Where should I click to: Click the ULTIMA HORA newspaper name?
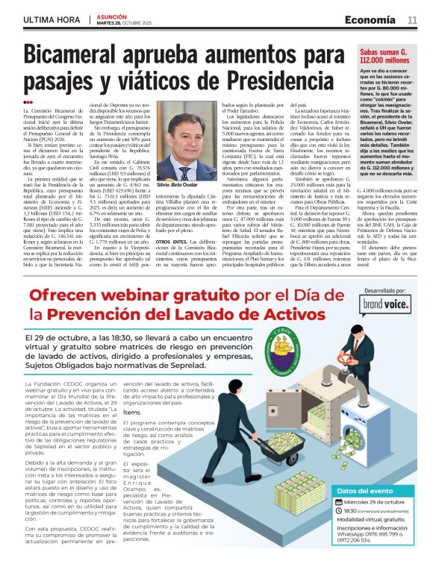tap(52, 19)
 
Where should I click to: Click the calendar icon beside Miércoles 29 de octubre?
tap(340, 503)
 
